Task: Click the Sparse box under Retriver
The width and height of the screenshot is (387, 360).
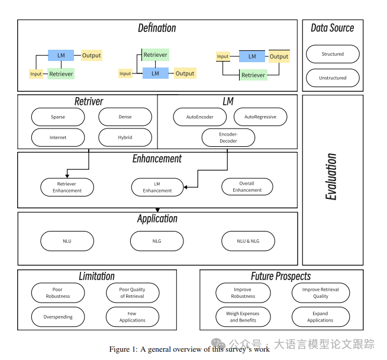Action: pos(58,117)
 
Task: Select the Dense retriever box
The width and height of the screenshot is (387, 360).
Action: pos(125,117)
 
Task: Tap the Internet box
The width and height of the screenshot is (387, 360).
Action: pos(58,137)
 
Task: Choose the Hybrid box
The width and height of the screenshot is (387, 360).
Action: pos(125,137)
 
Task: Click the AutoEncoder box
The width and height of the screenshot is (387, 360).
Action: pos(199,117)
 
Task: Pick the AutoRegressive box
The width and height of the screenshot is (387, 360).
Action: pos(260,117)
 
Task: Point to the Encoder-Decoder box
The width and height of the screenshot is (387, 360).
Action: pos(228,138)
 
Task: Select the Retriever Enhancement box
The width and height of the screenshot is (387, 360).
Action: pos(67,187)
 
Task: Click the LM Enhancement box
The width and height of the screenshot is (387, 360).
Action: pos(157,187)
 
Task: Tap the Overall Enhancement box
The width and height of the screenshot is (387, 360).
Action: pos(247,187)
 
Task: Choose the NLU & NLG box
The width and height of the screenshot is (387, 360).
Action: pos(248,241)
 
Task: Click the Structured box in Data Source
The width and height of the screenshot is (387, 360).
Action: pos(333,54)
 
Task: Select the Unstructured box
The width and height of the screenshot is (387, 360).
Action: pos(333,78)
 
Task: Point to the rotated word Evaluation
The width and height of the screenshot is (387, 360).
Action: pos(332,176)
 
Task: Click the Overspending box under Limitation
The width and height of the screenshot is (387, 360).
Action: pos(58,317)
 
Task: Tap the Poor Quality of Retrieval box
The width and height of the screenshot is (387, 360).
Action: pos(132,292)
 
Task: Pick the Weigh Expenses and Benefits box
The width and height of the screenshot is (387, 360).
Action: pos(243,317)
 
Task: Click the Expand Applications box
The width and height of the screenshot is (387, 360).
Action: pos(320,317)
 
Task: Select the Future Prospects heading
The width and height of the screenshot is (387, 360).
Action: pos(280,276)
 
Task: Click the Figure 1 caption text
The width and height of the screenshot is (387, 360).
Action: pos(189,349)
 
